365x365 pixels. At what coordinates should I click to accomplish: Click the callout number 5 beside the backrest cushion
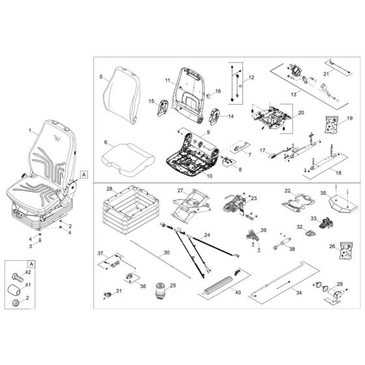(101, 78)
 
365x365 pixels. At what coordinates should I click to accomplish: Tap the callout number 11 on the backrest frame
(167, 81)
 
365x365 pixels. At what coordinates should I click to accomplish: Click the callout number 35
(323, 194)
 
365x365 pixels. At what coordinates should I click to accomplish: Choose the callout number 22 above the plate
(287, 190)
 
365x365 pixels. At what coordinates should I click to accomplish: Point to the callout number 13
(294, 95)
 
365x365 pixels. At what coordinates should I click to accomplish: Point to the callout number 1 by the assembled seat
(29, 131)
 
